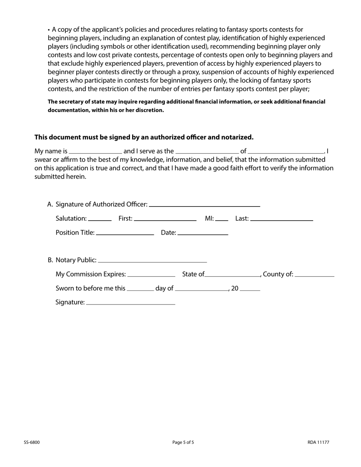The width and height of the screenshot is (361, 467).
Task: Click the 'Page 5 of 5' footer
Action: pos(183,442)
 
